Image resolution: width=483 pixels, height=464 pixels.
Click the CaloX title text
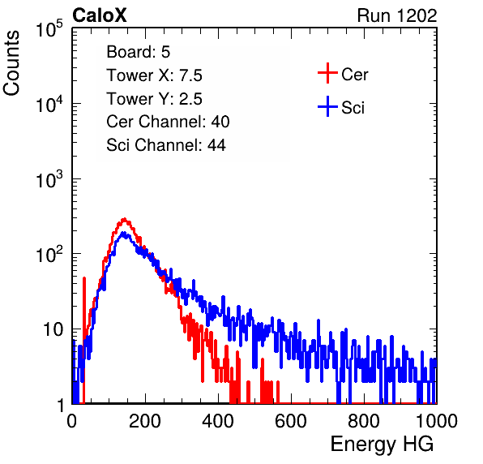(x=100, y=15)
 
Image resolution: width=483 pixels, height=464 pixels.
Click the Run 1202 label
(x=397, y=15)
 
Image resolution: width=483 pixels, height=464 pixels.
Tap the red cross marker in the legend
(x=327, y=73)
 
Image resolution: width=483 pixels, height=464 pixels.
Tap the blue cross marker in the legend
(x=327, y=107)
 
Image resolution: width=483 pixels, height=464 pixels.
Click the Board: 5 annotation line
(x=139, y=52)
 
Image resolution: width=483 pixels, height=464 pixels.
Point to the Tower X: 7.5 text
(x=154, y=75)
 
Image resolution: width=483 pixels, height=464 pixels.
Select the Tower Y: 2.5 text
(x=154, y=99)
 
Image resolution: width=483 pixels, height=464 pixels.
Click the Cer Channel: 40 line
(x=168, y=122)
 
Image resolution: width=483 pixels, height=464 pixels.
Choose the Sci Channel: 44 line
(x=166, y=145)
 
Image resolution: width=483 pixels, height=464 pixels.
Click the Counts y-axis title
(x=11, y=63)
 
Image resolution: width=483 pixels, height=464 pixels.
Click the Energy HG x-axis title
(x=382, y=445)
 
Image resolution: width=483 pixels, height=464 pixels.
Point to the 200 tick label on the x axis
(x=145, y=421)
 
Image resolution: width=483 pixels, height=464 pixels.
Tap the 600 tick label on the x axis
(x=291, y=421)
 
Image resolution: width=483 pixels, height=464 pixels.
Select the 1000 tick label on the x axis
(x=437, y=421)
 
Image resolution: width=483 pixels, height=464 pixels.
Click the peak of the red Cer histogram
(x=124, y=219)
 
